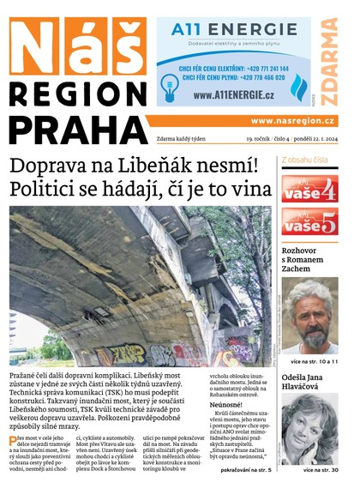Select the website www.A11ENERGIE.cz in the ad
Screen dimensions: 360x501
(234, 95)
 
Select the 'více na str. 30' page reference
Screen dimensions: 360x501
(321, 470)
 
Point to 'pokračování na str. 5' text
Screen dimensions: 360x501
(246, 470)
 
